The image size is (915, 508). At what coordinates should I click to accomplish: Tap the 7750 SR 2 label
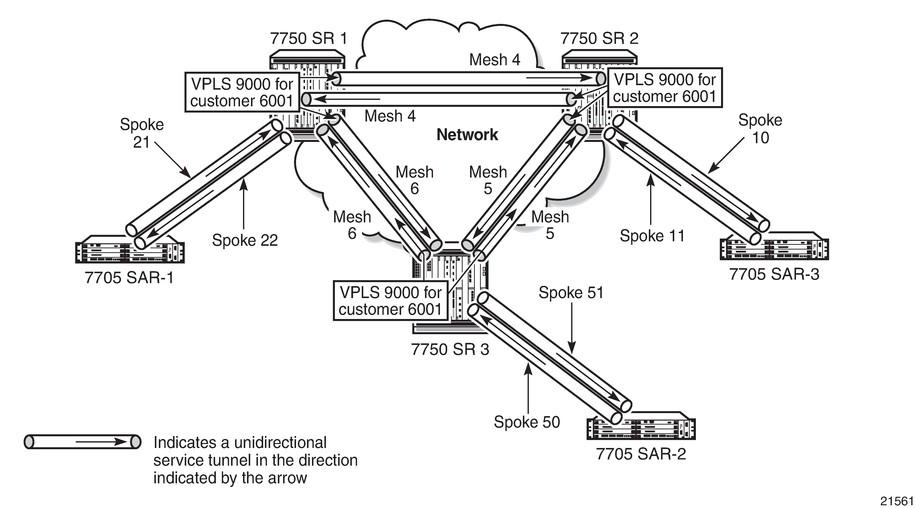[x=599, y=38]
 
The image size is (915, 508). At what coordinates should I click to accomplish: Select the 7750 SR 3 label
[x=450, y=349]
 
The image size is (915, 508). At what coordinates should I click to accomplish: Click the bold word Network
[x=467, y=135]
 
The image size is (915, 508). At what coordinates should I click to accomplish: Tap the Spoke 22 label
[x=245, y=240]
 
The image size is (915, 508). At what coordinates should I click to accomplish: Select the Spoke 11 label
[x=652, y=236]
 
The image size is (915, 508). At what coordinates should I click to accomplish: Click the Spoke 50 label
[x=527, y=422]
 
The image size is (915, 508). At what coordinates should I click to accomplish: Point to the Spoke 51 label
[x=571, y=292]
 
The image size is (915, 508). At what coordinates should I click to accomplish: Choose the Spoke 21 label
[x=142, y=133]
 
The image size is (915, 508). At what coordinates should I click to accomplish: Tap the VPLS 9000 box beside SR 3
[x=390, y=301]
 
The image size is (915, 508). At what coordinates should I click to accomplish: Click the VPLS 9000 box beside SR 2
[x=665, y=88]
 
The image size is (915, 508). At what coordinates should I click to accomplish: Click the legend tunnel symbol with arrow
[x=82, y=442]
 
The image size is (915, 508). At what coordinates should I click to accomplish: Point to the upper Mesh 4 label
[x=495, y=60]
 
